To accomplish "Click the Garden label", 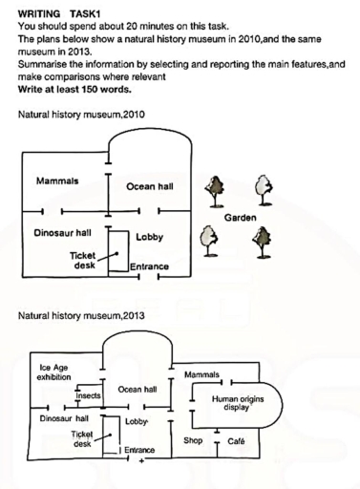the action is (x=240, y=218).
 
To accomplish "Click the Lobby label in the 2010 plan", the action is (x=149, y=236).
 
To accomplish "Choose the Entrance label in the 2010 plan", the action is (x=150, y=266).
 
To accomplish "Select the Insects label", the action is (x=88, y=394).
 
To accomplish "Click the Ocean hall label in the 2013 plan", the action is (x=138, y=389).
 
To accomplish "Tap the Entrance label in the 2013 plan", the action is (x=139, y=449).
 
